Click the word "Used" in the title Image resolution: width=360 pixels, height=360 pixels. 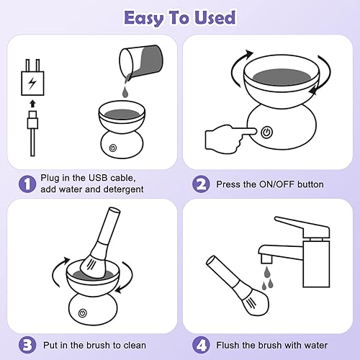coord(215,17)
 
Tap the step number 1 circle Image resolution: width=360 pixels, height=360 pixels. coord(27,184)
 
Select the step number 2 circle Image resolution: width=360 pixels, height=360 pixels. coord(201,184)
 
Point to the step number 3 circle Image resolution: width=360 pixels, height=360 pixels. coord(27,345)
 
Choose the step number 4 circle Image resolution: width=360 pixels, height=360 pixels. coord(201,345)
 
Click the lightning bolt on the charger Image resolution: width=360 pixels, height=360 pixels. coord(32,83)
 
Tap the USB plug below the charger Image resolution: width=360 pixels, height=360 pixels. coord(32,120)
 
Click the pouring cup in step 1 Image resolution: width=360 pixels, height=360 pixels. coord(141,63)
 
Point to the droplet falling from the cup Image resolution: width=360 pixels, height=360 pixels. coord(125,92)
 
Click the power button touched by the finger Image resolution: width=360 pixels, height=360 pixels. coord(266,132)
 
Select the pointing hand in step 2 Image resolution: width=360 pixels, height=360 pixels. coord(230,138)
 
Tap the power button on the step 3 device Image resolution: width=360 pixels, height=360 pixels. coord(83,313)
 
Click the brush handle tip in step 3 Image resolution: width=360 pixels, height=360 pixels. coord(114,210)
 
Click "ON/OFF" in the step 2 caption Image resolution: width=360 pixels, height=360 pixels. coord(276,184)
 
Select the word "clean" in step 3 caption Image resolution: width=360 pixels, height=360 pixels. coord(135,346)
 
